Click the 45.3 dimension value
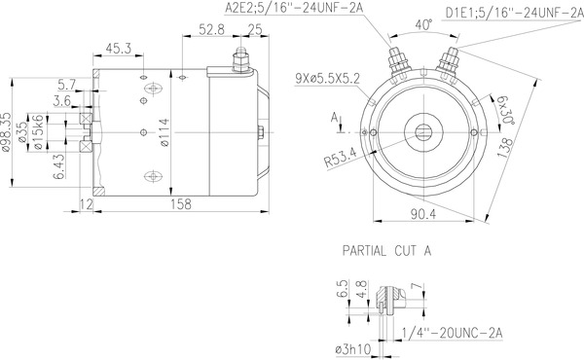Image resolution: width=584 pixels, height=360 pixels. click(x=120, y=47)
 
